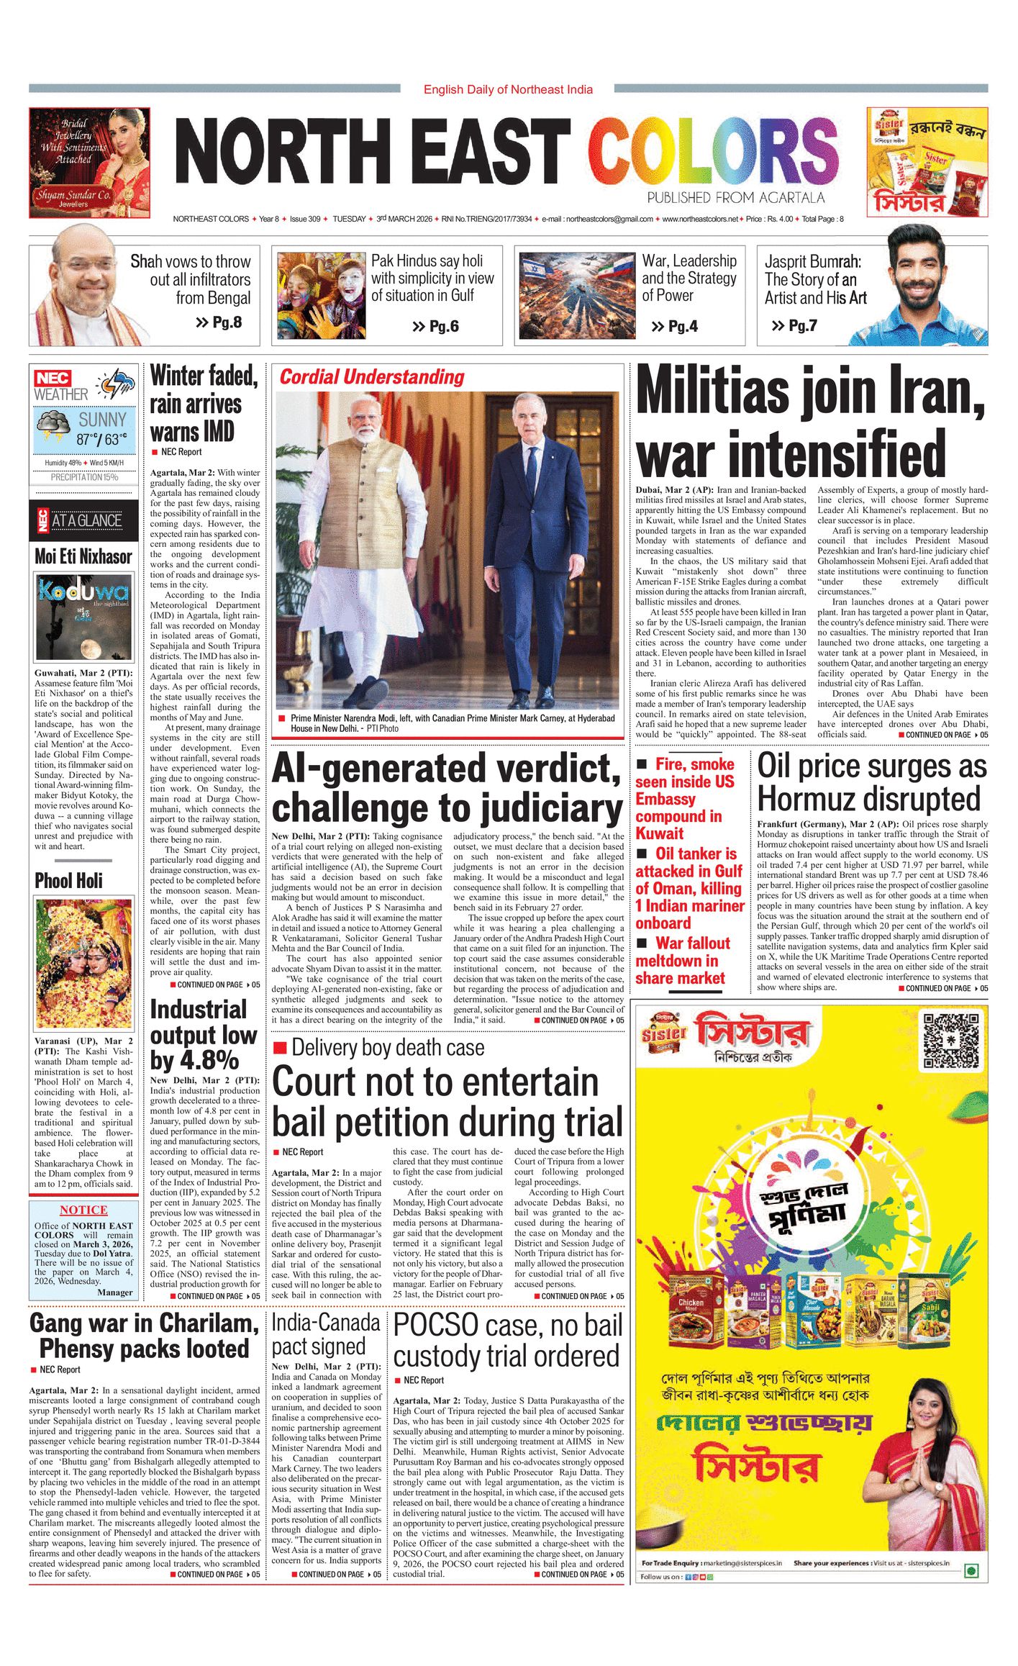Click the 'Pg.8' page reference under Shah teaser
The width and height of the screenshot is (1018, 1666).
(219, 322)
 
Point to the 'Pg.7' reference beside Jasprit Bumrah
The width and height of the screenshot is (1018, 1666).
(795, 326)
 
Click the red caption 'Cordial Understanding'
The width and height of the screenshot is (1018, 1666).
(372, 377)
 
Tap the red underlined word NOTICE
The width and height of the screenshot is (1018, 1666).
(83, 1210)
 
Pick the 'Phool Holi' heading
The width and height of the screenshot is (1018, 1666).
(69, 881)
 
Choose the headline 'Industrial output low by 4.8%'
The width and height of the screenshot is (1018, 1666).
(204, 1035)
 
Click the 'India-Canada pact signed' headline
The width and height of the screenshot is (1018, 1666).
(326, 1334)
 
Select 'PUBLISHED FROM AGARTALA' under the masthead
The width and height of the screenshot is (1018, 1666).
(735, 198)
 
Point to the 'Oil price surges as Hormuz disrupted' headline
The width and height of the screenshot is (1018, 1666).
(872, 782)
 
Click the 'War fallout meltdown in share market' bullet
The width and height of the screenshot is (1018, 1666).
(683, 961)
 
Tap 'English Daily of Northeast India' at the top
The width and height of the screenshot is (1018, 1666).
(508, 90)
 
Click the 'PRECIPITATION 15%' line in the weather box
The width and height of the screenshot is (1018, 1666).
(84, 477)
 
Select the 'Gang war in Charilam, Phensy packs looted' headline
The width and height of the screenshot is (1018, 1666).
(144, 1336)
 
